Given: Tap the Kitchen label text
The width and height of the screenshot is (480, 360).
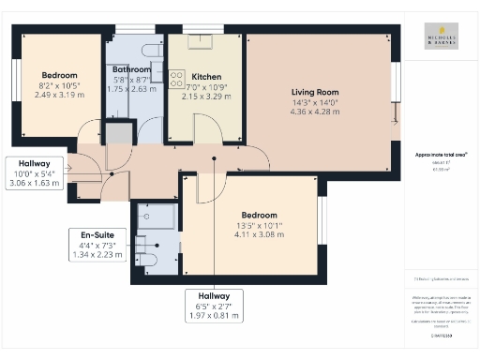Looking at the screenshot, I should (205, 76).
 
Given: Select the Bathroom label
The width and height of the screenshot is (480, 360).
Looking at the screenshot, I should (132, 69).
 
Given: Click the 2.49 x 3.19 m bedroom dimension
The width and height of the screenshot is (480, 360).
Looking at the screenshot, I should (58, 96).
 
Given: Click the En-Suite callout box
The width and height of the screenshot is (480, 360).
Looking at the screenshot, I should (97, 245).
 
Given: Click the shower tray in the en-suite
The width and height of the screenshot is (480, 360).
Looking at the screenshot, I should (155, 217).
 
